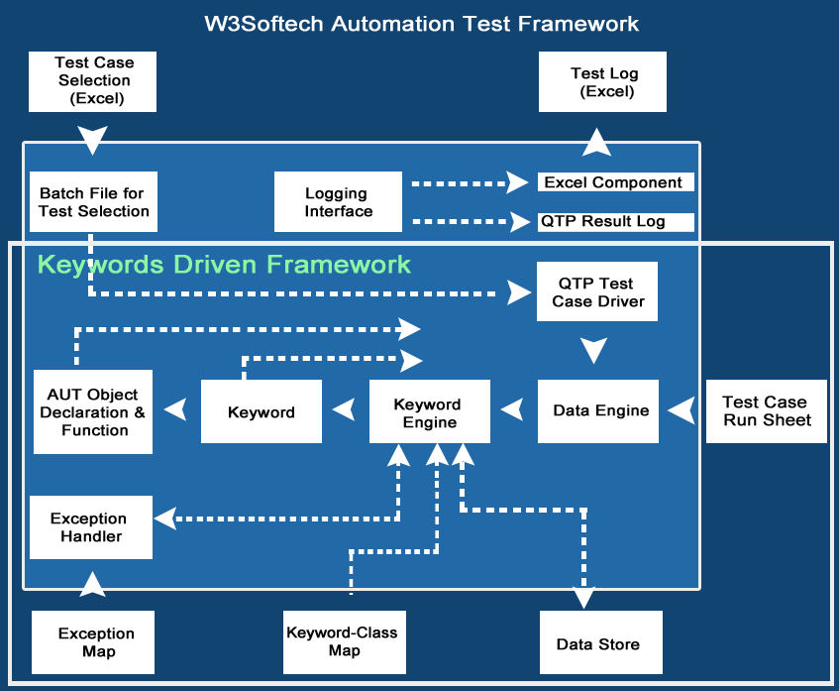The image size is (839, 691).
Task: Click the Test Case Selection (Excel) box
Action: (93, 80)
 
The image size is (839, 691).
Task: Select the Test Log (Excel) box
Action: (602, 82)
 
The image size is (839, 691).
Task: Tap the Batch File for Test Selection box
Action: (93, 202)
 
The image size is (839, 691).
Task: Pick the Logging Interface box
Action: (338, 202)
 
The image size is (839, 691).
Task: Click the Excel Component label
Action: (614, 182)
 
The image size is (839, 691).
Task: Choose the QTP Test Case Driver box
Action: (597, 292)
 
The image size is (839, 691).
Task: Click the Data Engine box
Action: (598, 410)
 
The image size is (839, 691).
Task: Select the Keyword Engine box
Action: (429, 411)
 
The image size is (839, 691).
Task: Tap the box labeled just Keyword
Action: (262, 411)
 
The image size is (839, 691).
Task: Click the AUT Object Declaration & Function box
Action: (93, 411)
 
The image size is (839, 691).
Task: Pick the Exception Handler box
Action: (90, 527)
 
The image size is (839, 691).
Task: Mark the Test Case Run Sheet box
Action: (766, 410)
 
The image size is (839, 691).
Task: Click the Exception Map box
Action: (96, 642)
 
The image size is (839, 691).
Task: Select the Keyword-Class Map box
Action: (342, 641)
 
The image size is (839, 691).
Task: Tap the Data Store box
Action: (599, 643)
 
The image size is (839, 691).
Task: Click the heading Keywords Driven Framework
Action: (224, 265)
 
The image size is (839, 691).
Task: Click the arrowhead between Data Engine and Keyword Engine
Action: (512, 408)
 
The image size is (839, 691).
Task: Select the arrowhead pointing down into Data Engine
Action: (594, 351)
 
